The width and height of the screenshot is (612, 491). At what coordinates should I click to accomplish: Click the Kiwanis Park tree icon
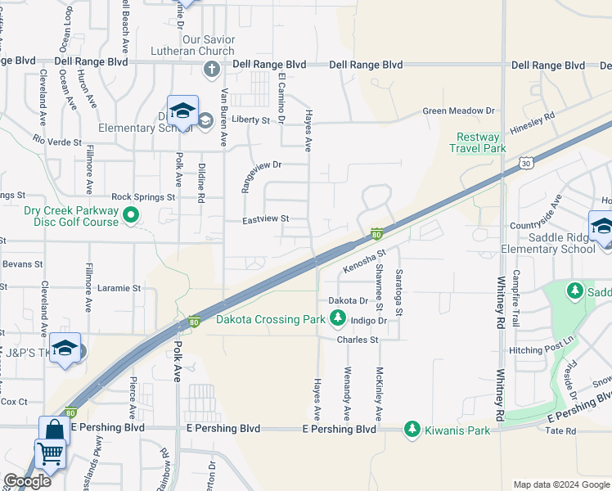tap(412, 429)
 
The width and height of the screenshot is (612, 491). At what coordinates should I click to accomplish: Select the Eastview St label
tap(267, 219)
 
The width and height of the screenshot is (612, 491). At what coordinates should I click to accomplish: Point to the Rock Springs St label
tap(143, 197)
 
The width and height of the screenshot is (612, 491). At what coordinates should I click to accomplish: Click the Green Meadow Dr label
tap(459, 110)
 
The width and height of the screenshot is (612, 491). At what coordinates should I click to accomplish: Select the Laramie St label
tap(120, 288)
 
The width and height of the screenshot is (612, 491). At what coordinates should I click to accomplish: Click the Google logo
tap(27, 482)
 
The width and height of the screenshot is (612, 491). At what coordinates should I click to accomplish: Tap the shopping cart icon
tap(50, 453)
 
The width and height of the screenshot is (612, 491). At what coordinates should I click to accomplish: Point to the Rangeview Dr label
tap(260, 164)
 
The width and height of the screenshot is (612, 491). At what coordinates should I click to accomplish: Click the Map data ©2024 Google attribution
tap(561, 484)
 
